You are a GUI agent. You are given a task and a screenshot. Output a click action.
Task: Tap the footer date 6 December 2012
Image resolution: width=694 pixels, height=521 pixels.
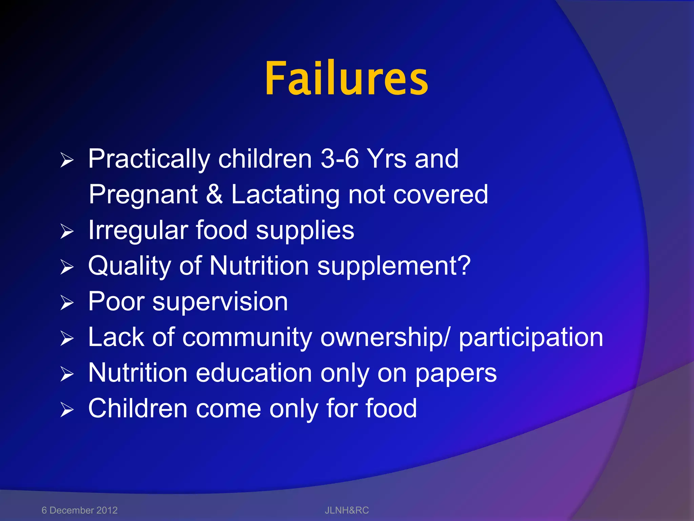tap(79, 510)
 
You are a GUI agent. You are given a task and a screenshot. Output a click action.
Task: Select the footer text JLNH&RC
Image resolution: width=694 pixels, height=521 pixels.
tap(347, 510)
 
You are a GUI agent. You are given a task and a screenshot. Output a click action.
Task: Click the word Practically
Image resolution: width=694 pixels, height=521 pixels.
tap(149, 159)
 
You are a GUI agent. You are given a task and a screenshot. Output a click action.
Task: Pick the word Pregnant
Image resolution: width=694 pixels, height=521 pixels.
tap(143, 195)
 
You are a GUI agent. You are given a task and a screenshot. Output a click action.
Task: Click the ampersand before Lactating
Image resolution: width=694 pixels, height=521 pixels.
tap(214, 194)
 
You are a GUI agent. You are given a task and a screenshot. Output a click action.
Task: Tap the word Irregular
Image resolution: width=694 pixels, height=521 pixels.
tap(138, 231)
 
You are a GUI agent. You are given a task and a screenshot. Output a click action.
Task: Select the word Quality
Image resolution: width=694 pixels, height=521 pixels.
tap(130, 266)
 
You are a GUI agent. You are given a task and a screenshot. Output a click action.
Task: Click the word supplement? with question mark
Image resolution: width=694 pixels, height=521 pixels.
tap(394, 266)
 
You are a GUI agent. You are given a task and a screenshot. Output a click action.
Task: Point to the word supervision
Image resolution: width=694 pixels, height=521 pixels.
tap(220, 302)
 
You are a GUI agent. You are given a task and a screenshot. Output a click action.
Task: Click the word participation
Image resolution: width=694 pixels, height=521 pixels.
tap(531, 337)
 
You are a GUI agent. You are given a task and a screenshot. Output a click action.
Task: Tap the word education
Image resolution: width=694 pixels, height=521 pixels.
tap(254, 373)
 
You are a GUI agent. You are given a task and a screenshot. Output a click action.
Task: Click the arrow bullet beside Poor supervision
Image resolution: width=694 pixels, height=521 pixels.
tap(67, 303)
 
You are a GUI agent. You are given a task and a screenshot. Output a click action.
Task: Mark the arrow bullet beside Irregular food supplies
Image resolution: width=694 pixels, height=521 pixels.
tap(67, 231)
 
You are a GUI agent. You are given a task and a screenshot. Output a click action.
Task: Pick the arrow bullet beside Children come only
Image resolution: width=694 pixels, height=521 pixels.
tap(67, 409)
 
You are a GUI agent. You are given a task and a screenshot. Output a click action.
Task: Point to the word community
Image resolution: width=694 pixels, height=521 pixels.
tap(247, 337)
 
